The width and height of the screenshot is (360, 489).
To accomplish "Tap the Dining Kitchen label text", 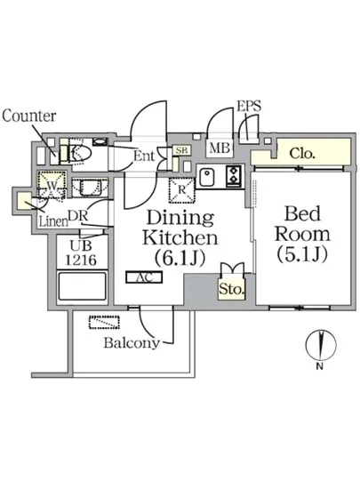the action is pos(180,228).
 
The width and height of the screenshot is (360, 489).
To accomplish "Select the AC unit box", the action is pos(144,277).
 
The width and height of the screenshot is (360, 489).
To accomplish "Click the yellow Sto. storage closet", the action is pos(231,290).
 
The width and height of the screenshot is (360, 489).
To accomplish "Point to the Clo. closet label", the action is pos(301,153).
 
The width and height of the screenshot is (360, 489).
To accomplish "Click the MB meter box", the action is pos(220,148).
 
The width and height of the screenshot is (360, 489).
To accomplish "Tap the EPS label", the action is pos(249,106).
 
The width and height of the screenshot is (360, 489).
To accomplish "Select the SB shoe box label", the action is pos(181,150).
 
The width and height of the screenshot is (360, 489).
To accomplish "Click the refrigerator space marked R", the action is pos(181,190).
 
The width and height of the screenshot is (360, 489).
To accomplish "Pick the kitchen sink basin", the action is pos(207,177).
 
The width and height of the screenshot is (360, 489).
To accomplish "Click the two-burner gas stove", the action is pos(234,176).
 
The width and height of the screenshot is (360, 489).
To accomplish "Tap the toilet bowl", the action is pos(79,153).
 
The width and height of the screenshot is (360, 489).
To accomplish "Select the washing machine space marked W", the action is pos(52,185).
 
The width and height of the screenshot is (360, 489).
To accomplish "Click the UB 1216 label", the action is pos(81,253).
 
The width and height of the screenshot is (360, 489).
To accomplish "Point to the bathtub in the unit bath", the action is pos(83,286).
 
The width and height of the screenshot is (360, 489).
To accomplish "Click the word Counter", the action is pos(29,116).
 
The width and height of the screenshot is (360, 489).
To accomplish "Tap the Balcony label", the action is pos(132,342).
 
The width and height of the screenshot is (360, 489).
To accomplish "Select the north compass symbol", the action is pos(321,345).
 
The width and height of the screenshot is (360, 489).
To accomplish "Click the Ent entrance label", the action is pos(144,156).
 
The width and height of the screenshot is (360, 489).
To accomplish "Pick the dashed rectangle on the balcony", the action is pos(104,323).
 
